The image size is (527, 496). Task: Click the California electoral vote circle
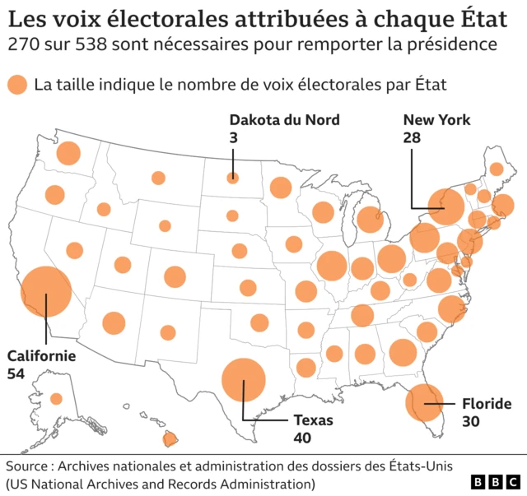click(46, 292)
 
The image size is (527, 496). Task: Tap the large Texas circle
click(244, 380)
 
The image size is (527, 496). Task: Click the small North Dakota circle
click(233, 177)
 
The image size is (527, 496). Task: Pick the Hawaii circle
click(171, 438)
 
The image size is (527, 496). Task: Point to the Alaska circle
click(57, 399)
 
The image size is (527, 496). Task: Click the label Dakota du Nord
click(284, 120)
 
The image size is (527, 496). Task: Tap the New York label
click(436, 120)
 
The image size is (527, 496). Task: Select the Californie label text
click(41, 356)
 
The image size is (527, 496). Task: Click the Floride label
click(487, 404)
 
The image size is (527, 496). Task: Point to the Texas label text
click(313, 420)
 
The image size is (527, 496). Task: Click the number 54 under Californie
click(16, 374)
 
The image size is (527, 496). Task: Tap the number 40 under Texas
click(302, 438)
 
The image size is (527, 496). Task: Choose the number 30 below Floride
click(471, 422)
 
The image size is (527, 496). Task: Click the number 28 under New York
click(412, 138)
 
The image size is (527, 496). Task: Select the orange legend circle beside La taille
click(16, 84)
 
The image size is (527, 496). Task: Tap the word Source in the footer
click(28, 464)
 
